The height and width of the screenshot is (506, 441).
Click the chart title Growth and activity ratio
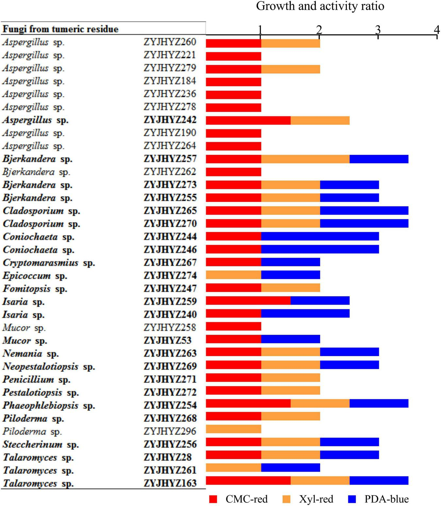(320, 6)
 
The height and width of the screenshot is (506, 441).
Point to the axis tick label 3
(378, 30)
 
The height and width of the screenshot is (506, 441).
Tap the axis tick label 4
(437, 30)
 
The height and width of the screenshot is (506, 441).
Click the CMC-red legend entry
(238, 499)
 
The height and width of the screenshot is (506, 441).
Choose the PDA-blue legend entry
(379, 499)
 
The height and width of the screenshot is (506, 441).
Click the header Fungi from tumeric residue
(60, 29)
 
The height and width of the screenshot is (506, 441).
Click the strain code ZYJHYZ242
(170, 120)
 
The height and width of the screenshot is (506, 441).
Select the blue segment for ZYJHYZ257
(379, 159)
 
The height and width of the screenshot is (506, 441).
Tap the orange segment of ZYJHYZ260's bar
(290, 43)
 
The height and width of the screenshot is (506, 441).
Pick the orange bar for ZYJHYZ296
(233, 429)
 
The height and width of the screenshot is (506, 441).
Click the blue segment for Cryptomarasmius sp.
(290, 262)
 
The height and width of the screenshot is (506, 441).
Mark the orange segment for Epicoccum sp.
(233, 275)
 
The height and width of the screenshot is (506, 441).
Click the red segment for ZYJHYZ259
(248, 301)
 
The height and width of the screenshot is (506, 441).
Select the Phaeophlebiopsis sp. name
(49, 405)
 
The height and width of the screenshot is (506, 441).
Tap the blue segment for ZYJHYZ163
(379, 481)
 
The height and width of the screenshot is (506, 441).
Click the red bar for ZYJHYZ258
(233, 326)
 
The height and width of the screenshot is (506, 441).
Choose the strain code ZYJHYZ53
(167, 340)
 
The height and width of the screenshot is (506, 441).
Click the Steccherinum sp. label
(41, 445)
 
